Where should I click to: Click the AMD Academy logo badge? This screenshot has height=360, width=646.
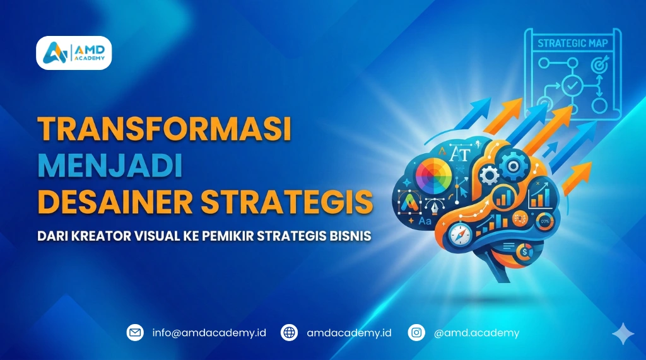[x=74, y=53]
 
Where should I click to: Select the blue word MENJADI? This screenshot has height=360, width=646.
[x=110, y=166]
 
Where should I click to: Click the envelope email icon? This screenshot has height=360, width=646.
[x=135, y=332]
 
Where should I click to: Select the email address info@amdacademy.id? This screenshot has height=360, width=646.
[x=209, y=332]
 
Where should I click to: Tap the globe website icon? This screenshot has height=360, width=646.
[x=290, y=332]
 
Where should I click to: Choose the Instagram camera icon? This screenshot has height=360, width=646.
[x=416, y=332]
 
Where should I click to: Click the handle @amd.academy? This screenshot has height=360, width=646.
[x=476, y=332]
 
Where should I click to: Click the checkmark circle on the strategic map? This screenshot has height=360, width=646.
[x=571, y=84]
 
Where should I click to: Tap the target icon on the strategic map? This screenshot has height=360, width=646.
[x=596, y=64]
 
